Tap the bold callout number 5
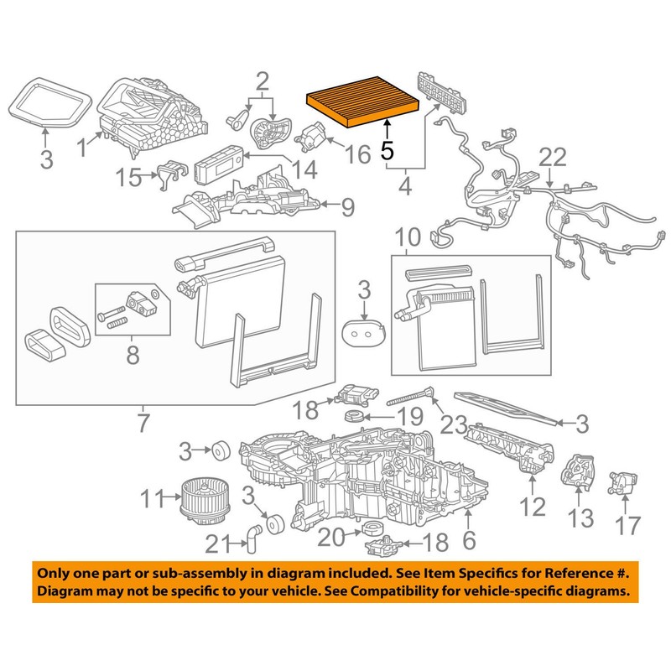click(387, 151)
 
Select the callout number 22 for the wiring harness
click(553, 158)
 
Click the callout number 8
click(133, 355)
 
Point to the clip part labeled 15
click(168, 171)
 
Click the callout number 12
click(533, 505)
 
